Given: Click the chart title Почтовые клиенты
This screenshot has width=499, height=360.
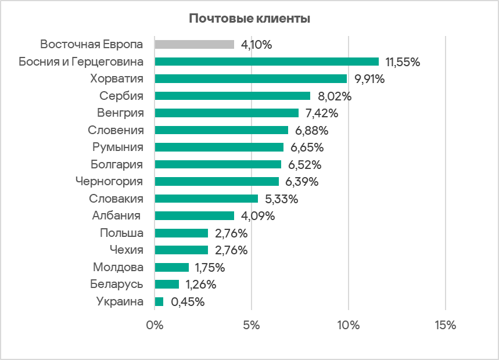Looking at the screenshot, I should coord(249,19).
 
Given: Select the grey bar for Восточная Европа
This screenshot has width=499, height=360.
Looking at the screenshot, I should coord(195,44).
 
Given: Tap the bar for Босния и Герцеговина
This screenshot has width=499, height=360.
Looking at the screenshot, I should coord(267,62).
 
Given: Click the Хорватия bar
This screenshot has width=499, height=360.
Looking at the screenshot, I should coord(251,78).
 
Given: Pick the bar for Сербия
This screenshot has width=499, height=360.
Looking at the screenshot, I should coord(232,96).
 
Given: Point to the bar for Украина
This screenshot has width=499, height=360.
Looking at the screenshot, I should coord(159,302).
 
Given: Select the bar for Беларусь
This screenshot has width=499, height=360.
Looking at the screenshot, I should coord(167,285).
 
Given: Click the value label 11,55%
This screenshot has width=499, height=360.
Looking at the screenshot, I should coord(403,62).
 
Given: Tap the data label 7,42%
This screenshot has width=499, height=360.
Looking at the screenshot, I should coord(322,113).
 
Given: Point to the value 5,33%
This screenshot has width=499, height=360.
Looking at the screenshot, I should coord(282,199).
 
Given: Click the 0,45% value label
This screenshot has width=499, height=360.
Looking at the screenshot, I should coord(188,302).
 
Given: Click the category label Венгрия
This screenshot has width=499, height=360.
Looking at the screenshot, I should coord(120,113).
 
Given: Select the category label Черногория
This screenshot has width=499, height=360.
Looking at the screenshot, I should coord(109,182).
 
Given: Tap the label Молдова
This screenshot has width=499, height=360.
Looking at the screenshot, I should coord(118,268).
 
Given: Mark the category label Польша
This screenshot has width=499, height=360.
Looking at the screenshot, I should coord(121,233).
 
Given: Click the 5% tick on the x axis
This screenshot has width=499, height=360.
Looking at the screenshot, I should coord(251,326).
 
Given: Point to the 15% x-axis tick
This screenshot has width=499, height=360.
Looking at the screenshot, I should coord(444,326).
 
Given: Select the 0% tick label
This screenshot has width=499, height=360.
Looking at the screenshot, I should coord(155,326).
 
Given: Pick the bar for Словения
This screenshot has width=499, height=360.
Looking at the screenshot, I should coord(221,130).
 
